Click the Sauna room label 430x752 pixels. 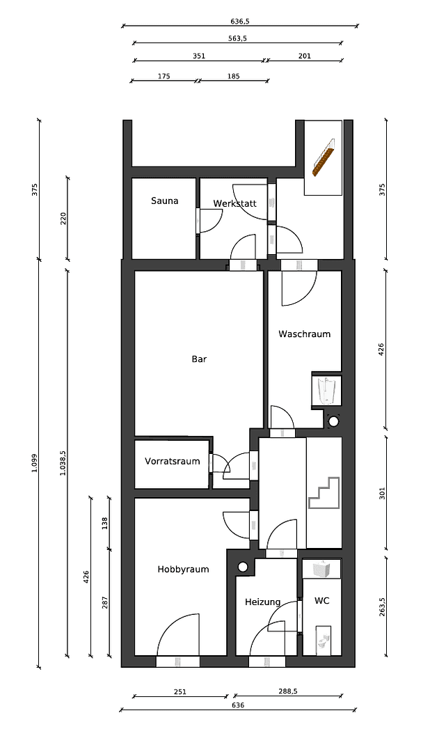165,201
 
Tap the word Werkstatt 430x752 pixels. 234,203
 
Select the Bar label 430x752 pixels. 200,359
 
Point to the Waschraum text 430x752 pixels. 304,334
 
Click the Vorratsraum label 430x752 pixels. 172,461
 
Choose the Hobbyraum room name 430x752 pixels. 183,569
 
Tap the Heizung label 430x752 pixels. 262,602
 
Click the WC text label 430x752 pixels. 321,600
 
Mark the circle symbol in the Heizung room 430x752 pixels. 242,566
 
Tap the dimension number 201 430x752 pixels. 304,56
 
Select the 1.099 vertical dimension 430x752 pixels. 34,463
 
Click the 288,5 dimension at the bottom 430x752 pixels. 288,692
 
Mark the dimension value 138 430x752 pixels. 105,523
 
